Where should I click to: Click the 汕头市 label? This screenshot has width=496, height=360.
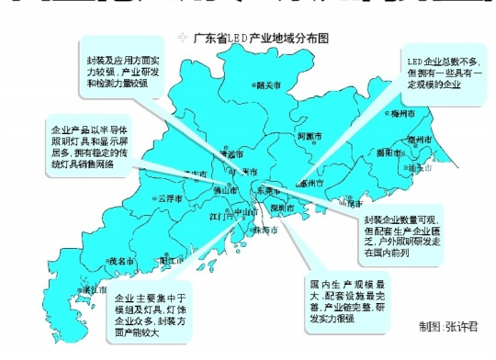tap(422, 168)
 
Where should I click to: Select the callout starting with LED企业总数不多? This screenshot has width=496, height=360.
tap(444, 71)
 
